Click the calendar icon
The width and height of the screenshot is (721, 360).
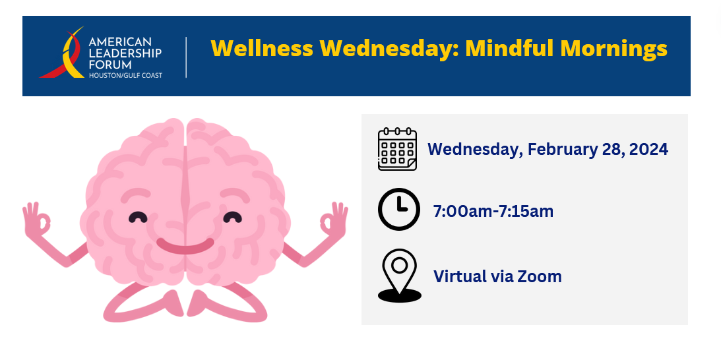pos(397,149)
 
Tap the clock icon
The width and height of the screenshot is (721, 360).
pos(398,209)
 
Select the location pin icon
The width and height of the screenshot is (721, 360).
pos(400,276)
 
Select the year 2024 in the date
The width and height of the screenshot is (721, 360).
pos(648,149)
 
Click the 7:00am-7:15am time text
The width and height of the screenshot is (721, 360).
pos(493,212)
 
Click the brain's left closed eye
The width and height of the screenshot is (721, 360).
pos(138,217)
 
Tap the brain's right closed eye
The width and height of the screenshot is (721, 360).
pos(232,217)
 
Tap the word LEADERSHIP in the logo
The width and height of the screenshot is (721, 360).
pos(125,53)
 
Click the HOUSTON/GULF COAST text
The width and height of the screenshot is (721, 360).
pos(125,75)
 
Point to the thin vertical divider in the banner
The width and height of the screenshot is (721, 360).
pos(186,57)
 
